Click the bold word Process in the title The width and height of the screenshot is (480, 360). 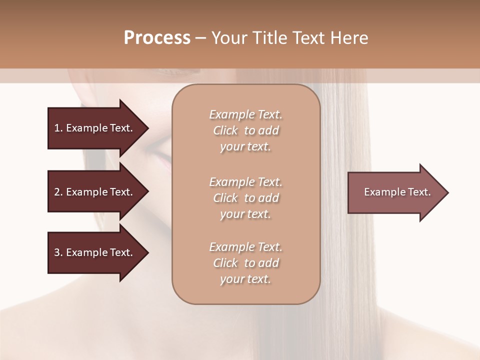(157, 38)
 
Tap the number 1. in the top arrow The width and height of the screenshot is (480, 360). (58, 128)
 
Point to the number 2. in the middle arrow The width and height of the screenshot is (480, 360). (58, 192)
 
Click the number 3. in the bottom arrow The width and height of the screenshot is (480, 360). (58, 252)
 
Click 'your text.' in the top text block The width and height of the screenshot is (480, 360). (245, 147)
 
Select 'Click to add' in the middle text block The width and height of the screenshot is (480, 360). (245, 198)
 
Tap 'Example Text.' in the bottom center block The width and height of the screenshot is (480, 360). (245, 247)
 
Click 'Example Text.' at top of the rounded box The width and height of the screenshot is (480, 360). (245, 114)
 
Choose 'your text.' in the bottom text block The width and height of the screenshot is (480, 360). (245, 279)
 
